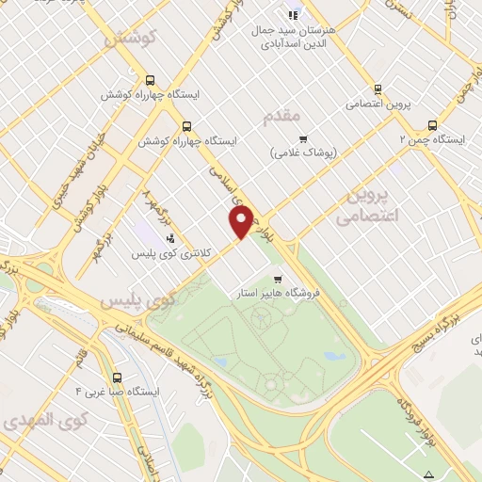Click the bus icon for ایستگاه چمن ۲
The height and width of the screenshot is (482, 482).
click(432, 125)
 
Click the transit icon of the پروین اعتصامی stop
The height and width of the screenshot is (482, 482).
click(378, 90)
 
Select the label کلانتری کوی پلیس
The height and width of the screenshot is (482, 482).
click(169, 253)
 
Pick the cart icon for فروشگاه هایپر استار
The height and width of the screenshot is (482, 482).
click(277, 279)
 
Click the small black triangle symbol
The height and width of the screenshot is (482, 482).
click(429, 473)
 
